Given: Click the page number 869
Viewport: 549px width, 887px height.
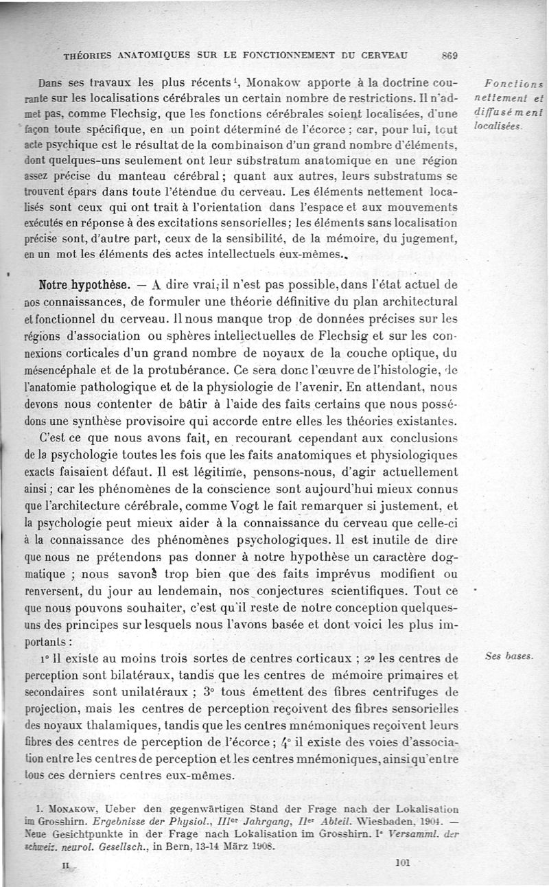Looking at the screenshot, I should (x=451, y=56).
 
